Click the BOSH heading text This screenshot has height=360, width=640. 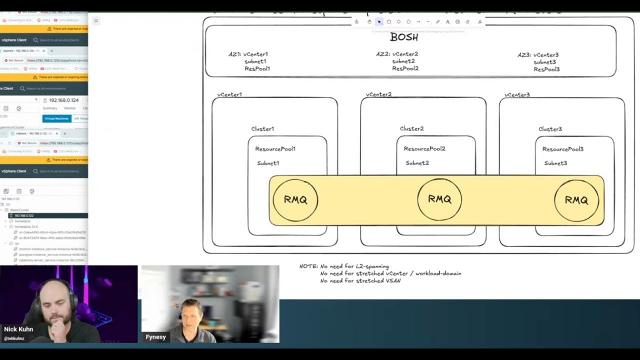[x=404, y=37]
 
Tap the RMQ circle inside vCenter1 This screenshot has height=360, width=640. [x=295, y=200]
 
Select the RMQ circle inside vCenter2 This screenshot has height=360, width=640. [x=439, y=199]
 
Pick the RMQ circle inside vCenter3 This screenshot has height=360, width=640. [x=576, y=200]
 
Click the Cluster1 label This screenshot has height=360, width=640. [x=262, y=129]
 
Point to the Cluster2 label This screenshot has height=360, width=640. [x=411, y=129]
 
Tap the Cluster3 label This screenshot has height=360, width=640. [x=550, y=129]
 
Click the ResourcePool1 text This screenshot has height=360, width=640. [x=275, y=149]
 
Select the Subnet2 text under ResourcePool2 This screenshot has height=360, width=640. [x=417, y=163]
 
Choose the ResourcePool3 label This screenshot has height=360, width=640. [x=562, y=149]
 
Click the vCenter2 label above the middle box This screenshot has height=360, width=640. [x=378, y=94]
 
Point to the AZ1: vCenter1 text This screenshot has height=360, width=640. [x=248, y=54]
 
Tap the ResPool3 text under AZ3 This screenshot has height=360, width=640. [x=546, y=69]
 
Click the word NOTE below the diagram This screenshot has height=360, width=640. [x=308, y=266]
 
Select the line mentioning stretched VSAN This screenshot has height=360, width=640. [x=360, y=281]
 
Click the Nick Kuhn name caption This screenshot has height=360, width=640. [x=18, y=329]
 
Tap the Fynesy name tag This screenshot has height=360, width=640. [x=155, y=337]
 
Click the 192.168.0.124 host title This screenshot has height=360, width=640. [x=64, y=100]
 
